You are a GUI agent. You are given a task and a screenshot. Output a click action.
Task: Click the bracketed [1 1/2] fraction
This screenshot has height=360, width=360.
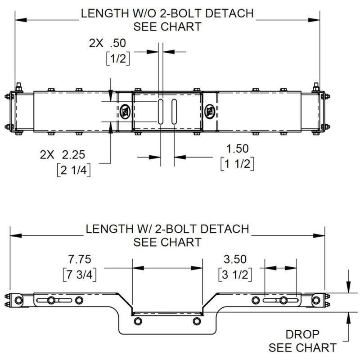pyautogui.click(x=237, y=164)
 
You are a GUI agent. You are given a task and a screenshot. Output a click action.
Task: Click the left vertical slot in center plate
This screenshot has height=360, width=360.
pyautogui.click(x=160, y=112)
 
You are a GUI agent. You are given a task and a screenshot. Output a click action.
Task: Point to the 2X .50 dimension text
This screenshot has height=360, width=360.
pyautogui.click(x=108, y=44)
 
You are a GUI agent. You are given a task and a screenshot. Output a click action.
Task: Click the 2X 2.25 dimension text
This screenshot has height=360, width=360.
pyautogui.click(x=66, y=155)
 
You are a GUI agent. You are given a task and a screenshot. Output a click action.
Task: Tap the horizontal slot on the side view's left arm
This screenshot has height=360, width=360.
pyautogui.click(x=48, y=300)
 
